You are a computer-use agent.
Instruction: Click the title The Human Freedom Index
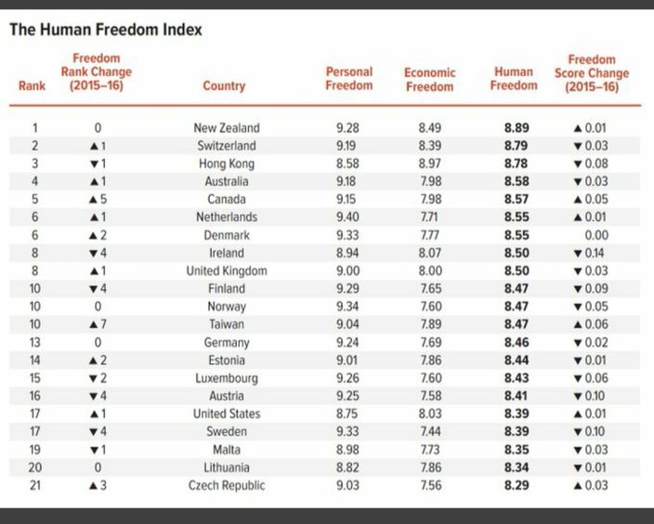click(106, 30)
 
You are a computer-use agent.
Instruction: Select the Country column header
click(224, 86)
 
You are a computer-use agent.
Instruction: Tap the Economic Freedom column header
click(429, 79)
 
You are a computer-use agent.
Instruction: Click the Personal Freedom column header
click(349, 78)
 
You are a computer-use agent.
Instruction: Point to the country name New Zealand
click(227, 127)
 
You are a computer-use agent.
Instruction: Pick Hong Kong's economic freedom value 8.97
click(429, 164)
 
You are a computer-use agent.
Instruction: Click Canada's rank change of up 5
click(98, 200)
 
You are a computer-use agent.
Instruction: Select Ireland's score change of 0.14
click(589, 254)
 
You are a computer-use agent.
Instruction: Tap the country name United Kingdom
click(227, 271)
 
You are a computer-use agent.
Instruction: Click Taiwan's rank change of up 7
click(98, 324)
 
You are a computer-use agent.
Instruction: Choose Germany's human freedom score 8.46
click(517, 343)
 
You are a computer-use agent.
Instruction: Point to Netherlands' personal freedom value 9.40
click(347, 217)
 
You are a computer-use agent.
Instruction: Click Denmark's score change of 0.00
click(596, 235)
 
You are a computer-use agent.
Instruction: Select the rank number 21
click(35, 486)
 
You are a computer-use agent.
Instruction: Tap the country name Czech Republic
click(227, 486)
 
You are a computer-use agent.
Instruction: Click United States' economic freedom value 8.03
click(429, 413)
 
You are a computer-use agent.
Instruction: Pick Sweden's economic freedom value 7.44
click(429, 431)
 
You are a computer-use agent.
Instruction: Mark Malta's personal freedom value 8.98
click(347, 450)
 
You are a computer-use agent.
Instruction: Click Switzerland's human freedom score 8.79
click(517, 146)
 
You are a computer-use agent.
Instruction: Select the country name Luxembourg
click(227, 378)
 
